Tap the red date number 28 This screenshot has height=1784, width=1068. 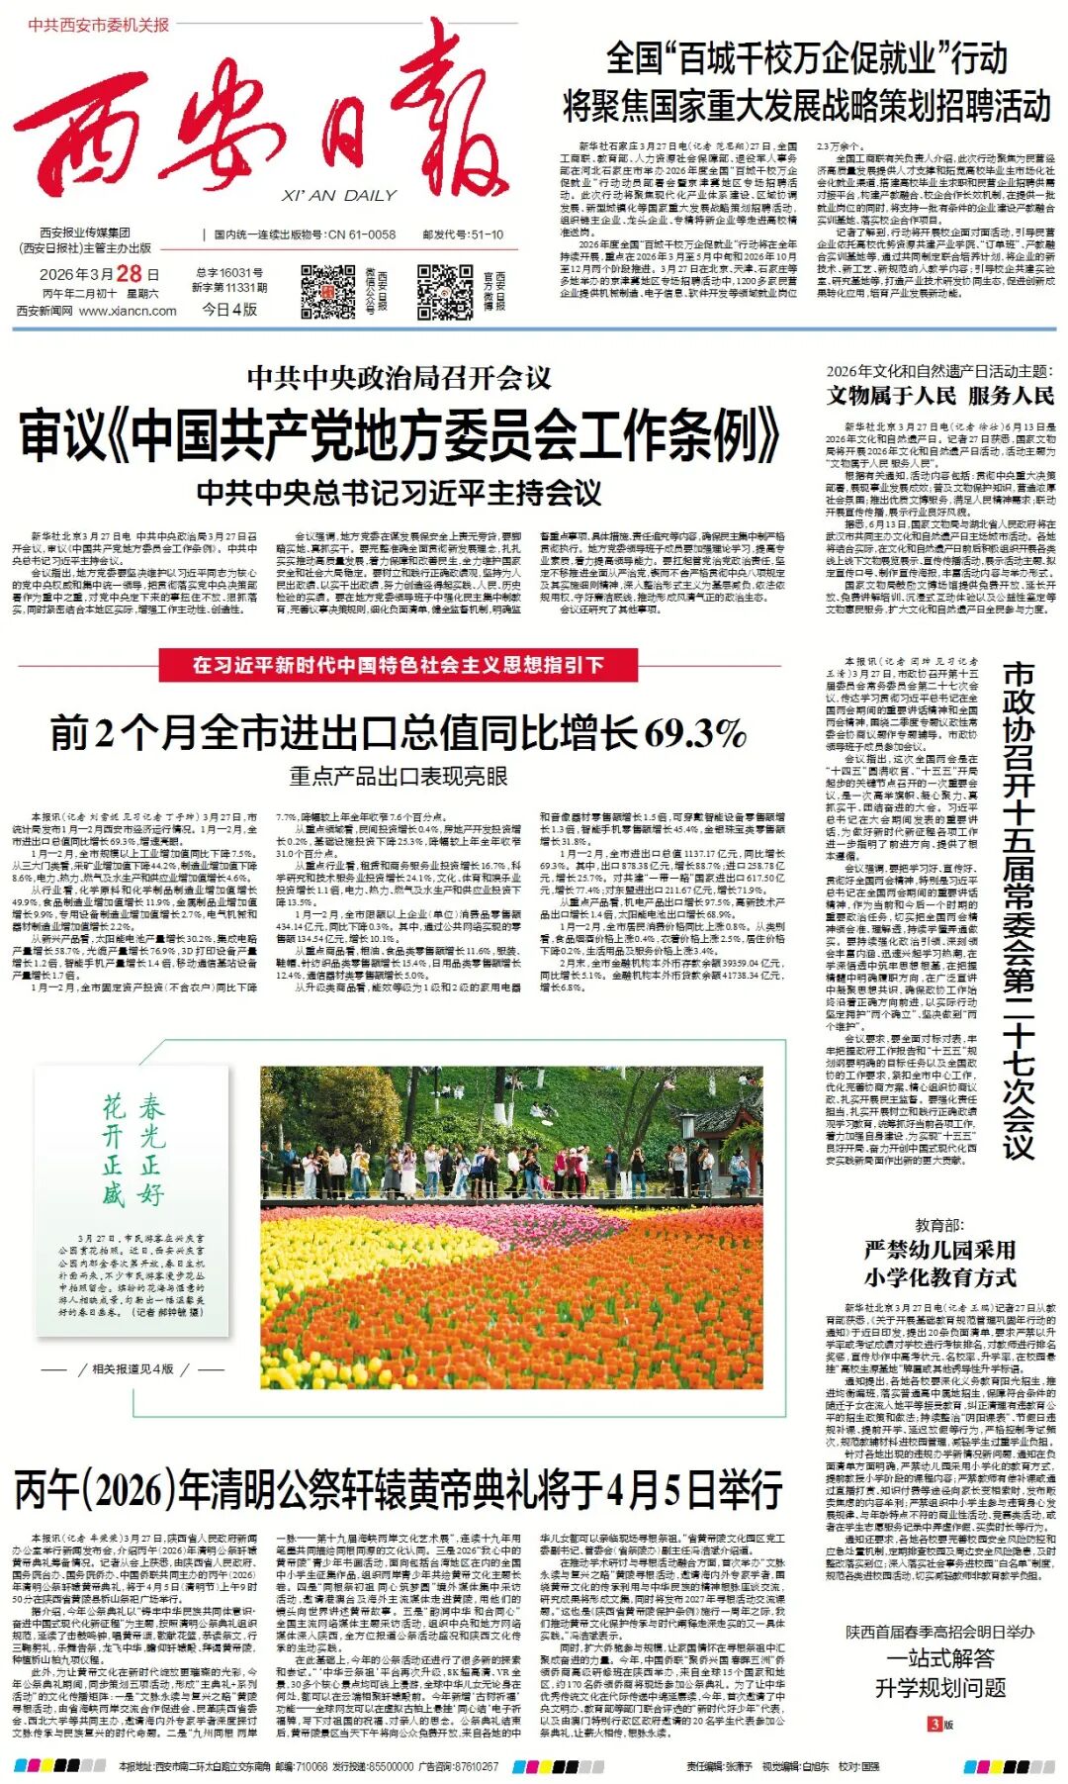pyautogui.click(x=129, y=274)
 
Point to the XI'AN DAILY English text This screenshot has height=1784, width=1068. pyautogui.click(x=338, y=196)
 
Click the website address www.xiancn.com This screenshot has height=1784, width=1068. pyautogui.click(x=128, y=311)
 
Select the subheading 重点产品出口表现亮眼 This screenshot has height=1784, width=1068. pyautogui.click(x=398, y=776)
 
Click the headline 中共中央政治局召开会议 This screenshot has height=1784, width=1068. pyautogui.click(x=399, y=377)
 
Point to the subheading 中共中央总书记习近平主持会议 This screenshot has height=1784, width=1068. pyautogui.click(x=399, y=492)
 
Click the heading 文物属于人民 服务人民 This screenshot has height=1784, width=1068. pyautogui.click(x=940, y=396)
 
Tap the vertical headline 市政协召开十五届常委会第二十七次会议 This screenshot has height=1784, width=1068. pyautogui.click(x=1019, y=910)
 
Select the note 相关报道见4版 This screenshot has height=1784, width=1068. pyautogui.click(x=133, y=1368)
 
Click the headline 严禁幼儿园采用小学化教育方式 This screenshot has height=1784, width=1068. pyautogui.click(x=940, y=1264)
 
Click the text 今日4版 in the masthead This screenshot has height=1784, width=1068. pyautogui.click(x=230, y=309)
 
